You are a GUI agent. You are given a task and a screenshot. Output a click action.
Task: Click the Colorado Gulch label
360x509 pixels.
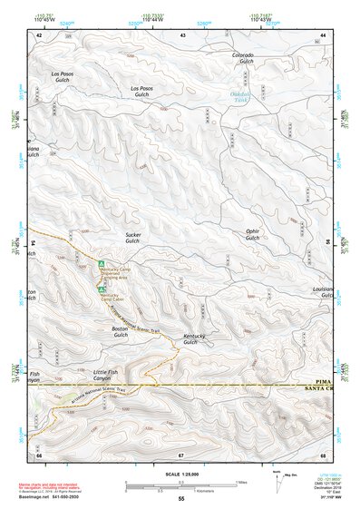tap(242, 59)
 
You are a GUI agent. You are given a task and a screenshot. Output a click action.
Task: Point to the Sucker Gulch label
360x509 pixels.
tap(132, 239)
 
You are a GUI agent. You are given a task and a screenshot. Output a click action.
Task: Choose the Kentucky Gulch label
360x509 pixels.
tap(190, 339)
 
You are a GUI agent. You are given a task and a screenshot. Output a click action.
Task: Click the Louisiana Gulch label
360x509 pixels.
tap(324, 292)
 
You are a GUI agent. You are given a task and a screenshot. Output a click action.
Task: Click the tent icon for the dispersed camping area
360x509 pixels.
tap(101, 264)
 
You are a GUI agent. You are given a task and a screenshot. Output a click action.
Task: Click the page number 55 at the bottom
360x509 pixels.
tap(181, 499)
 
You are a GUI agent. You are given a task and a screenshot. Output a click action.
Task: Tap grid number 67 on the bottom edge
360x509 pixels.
tap(181, 454)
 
